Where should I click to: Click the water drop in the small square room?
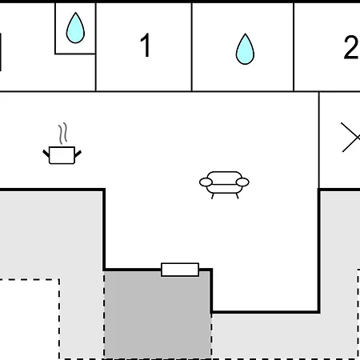(75, 28)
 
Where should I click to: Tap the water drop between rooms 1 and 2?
(245, 50)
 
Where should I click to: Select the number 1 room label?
(146, 45)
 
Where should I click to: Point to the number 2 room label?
(351, 47)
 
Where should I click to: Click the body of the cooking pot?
(62, 155)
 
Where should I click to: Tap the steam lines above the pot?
(63, 134)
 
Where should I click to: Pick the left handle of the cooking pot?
(46, 154)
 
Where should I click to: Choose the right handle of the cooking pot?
(78, 154)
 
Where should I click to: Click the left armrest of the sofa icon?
(206, 182)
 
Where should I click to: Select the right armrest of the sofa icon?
(242, 182)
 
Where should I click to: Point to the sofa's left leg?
(213, 196)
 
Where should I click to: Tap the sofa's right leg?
(237, 196)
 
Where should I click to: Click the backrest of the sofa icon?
(225, 176)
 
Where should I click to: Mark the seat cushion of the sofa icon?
(224, 189)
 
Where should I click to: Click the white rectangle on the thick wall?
(180, 270)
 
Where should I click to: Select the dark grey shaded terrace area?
(158, 314)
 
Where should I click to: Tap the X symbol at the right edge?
(351, 138)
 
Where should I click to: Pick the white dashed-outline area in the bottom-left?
(30, 319)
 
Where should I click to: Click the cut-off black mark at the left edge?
(1, 52)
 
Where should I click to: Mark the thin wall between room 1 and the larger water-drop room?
(192, 47)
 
